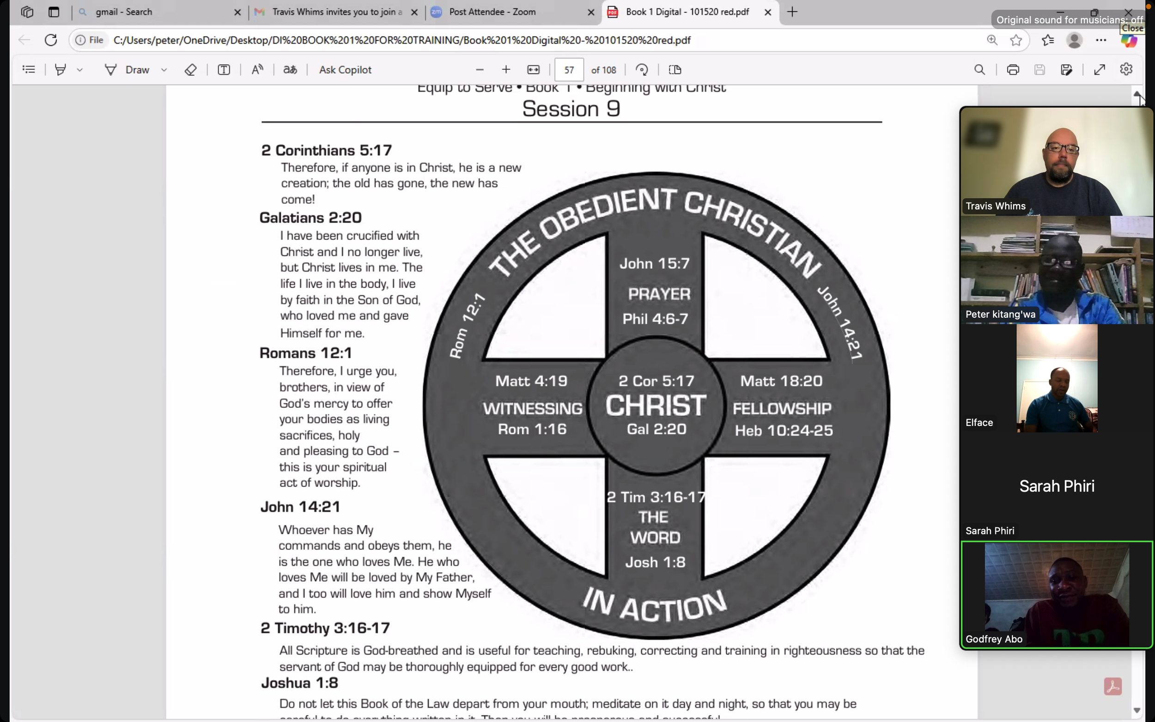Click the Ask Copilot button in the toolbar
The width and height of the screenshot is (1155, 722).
coord(345,70)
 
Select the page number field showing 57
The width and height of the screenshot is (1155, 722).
coord(569,70)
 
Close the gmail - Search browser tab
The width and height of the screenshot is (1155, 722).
coord(237,12)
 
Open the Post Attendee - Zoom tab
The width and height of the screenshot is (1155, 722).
coord(492,12)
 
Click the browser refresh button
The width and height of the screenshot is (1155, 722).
coord(51,40)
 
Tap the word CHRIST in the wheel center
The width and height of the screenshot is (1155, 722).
coord(656,406)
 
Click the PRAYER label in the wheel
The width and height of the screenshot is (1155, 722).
coord(659,294)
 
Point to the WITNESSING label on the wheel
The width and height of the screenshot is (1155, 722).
coord(532,408)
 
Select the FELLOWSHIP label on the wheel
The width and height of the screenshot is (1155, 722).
coord(782,408)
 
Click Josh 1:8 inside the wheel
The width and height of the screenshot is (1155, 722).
coord(655,562)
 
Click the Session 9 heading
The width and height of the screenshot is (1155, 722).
coord(571,109)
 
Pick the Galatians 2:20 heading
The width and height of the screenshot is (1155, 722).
coord(310,218)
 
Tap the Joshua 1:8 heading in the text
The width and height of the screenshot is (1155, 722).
coord(299,683)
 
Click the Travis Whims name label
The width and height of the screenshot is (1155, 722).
coord(995,206)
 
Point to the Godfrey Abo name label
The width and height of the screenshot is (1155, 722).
coord(994,639)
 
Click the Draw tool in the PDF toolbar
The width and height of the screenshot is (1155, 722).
coord(137,70)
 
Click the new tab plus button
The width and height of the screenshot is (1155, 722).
coord(792,12)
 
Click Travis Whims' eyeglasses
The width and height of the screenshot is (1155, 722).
coord(1061,148)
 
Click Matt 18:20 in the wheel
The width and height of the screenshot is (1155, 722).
coord(781,381)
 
